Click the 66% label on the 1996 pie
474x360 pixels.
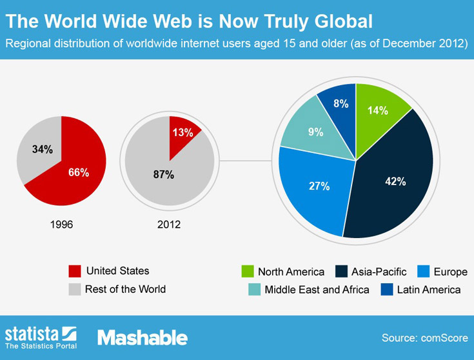pyautogui.click(x=79, y=172)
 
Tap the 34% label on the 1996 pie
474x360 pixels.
pyautogui.click(x=43, y=149)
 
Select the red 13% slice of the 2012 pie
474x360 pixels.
pyautogui.click(x=183, y=135)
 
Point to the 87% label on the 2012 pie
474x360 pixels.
pyautogui.click(x=164, y=175)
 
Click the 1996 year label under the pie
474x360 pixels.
pyautogui.click(x=62, y=225)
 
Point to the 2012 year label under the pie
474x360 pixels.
pyautogui.click(x=169, y=225)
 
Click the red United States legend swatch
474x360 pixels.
pyautogui.click(x=75, y=271)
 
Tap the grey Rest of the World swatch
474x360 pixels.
pyautogui.click(x=75, y=289)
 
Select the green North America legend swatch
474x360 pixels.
pyautogui.click(x=248, y=271)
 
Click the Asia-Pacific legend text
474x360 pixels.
pyautogui.click(x=379, y=272)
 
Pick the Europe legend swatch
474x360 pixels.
pyautogui.click(x=424, y=271)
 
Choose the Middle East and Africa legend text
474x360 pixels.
pyautogui.click(x=317, y=290)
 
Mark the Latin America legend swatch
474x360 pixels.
pyautogui.click(x=387, y=289)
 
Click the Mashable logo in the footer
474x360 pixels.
pyautogui.click(x=143, y=337)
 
